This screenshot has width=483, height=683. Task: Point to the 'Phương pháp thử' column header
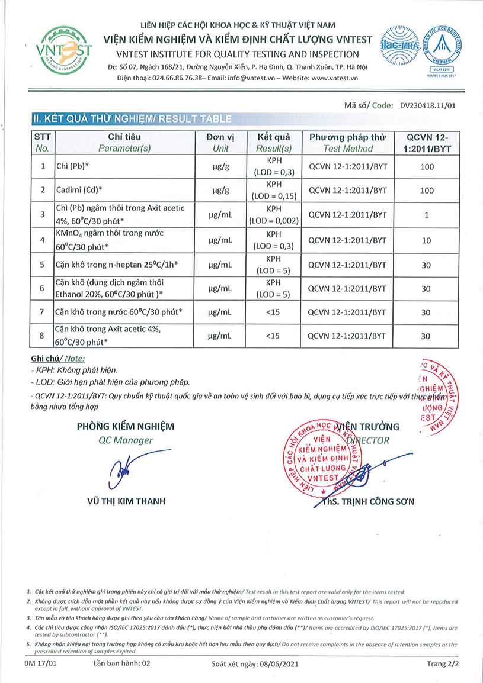tap(348, 142)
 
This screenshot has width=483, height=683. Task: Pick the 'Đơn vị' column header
tap(220, 142)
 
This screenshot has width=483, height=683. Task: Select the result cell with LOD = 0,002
tap(273, 215)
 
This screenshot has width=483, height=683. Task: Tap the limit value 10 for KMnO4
tap(426, 240)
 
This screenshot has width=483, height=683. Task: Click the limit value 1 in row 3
tap(426, 215)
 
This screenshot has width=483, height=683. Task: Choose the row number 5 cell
tap(42, 265)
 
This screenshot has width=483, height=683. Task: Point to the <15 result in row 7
tap(273, 312)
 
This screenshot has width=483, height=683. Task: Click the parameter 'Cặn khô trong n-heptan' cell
tap(114, 265)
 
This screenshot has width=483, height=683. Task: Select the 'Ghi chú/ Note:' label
tap(57, 358)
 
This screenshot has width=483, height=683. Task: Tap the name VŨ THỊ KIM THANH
tap(126, 501)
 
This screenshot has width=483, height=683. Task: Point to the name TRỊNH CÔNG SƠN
tap(368, 501)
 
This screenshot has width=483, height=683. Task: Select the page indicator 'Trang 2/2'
tap(443, 664)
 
